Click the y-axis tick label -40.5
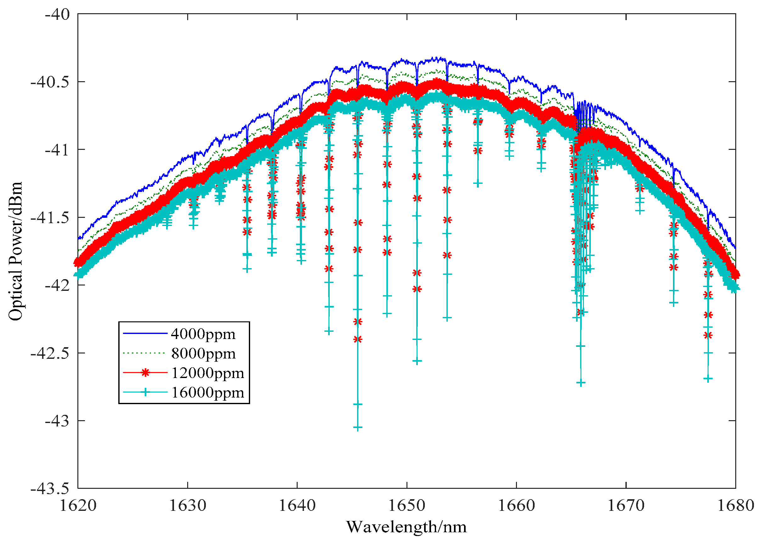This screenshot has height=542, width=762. tap(50, 82)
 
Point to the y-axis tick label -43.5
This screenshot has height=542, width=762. tap(50, 489)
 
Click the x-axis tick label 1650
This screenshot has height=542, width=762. tap(407, 505)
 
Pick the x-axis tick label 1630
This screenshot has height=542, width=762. tap(188, 505)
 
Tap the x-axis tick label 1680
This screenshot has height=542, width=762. tap(736, 505)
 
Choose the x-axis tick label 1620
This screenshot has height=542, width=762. tap(78, 505)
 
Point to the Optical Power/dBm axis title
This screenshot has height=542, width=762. tap(15, 251)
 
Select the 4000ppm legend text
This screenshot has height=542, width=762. tap(203, 334)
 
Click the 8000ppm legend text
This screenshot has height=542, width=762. tap(203, 353)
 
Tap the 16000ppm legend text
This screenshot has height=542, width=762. tap(207, 392)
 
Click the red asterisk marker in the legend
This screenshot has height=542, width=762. tap(145, 373)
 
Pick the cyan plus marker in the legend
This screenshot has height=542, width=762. tap(145, 392)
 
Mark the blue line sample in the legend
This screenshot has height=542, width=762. tap(145, 333)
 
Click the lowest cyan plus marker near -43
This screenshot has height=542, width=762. tap(358, 428)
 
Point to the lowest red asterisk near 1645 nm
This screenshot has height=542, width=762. tap(358, 339)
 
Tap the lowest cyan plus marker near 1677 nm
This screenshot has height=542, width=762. tap(708, 379)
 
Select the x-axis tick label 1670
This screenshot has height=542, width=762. tap(626, 505)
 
